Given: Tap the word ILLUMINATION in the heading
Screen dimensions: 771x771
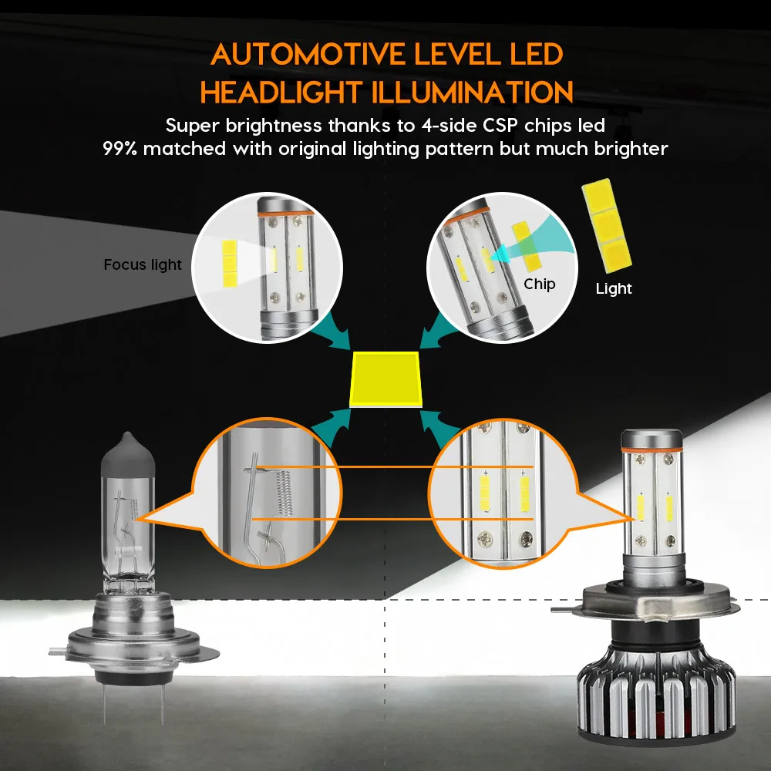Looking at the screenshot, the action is tap(473, 92).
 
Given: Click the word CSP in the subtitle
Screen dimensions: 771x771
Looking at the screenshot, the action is tap(500, 126).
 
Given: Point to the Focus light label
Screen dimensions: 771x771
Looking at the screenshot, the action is tap(143, 264).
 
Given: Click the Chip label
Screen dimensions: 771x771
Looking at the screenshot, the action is tap(540, 284).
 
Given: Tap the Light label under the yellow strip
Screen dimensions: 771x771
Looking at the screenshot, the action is tap(614, 288).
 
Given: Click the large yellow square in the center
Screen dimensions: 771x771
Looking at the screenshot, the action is tap(385, 379).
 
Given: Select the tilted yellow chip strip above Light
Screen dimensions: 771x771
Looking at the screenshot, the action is tap(607, 225).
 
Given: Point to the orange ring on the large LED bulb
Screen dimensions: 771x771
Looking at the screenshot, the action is tap(651, 449).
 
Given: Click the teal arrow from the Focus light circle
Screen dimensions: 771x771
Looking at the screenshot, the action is tap(331, 329).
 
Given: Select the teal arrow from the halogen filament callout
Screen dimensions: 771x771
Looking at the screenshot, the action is tap(332, 427).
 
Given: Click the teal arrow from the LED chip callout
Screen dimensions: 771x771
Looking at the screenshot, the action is tap(439, 427).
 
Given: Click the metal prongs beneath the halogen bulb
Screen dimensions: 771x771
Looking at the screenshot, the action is tap(133, 704).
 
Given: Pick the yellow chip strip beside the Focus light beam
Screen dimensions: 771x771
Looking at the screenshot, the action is tap(230, 264).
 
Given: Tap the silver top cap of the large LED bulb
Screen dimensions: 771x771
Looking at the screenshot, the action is tap(651, 438).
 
